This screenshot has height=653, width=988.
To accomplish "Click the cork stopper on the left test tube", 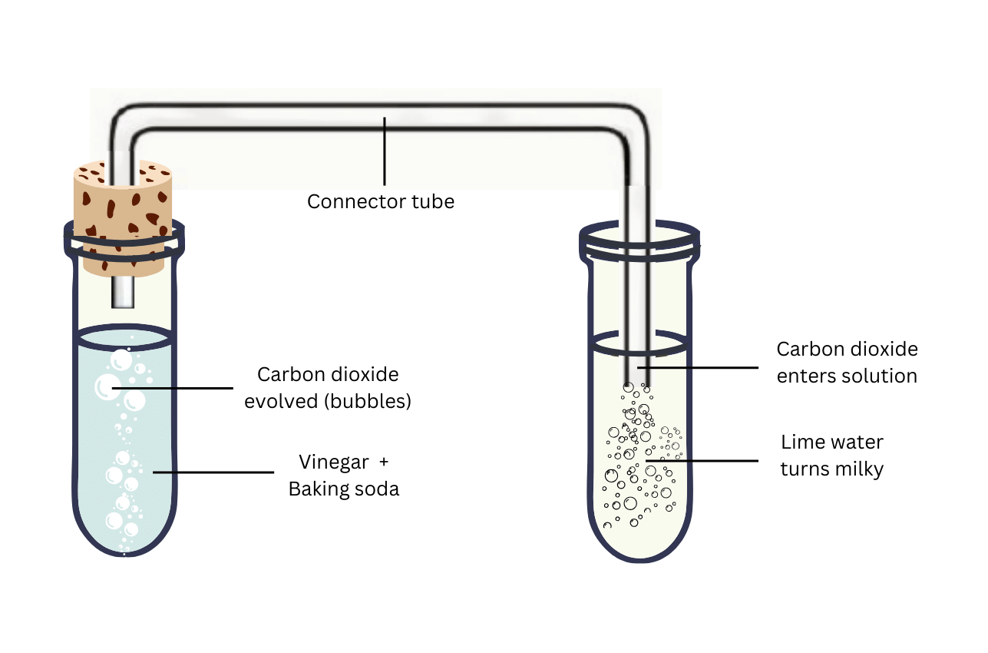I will pos(122,215).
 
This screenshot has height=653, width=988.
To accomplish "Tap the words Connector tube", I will pos(381,202).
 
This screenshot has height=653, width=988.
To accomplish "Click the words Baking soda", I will pos(344,489).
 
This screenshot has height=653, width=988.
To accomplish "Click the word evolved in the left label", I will pos(278,401).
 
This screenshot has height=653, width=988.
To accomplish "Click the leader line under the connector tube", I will pos(385,154).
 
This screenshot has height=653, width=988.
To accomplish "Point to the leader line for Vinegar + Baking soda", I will pos(215,472).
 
